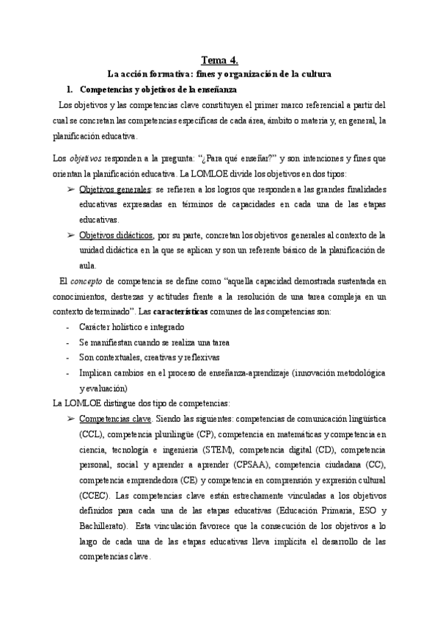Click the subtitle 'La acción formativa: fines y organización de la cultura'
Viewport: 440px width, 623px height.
219,74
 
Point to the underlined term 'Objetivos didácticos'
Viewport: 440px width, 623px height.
115,234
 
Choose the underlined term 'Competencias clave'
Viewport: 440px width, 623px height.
114,419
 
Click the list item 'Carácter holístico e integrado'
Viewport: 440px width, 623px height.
131,326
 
